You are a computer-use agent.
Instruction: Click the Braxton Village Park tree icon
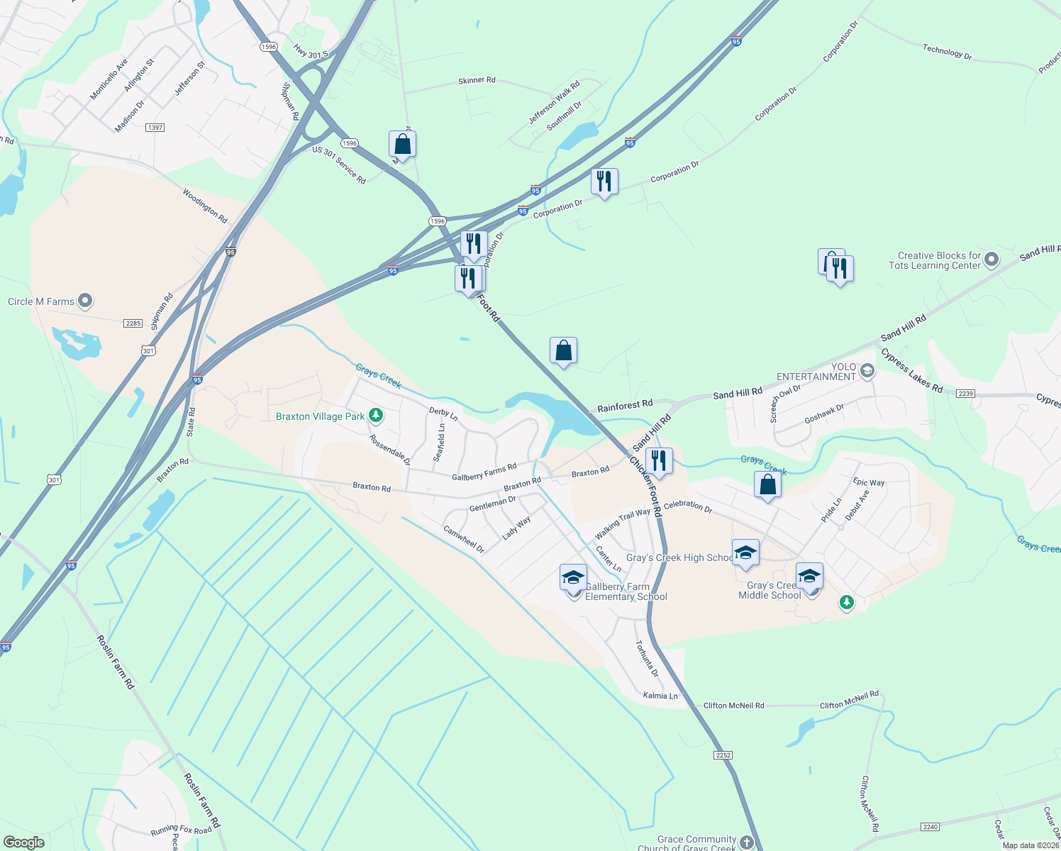(376, 416)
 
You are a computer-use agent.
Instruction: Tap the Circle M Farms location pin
(85, 301)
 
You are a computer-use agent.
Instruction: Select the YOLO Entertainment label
(816, 372)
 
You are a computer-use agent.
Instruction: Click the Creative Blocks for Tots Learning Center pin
(991, 260)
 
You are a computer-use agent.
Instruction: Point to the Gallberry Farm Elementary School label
(626, 591)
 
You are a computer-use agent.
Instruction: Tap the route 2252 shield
(723, 755)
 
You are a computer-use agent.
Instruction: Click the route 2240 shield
(931, 827)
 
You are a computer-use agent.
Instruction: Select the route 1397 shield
(155, 128)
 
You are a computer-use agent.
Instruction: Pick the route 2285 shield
(133, 323)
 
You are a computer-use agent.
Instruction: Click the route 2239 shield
(965, 394)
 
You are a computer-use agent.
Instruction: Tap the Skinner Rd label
(477, 81)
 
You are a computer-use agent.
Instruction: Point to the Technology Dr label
(947, 51)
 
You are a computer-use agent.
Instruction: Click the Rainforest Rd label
(625, 406)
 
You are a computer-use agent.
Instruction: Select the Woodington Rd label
(205, 206)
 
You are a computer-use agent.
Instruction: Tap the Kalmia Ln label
(660, 696)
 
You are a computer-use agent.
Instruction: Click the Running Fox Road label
(181, 830)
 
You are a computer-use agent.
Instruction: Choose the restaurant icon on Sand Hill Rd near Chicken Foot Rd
(660, 461)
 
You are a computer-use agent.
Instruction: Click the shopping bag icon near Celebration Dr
(767, 485)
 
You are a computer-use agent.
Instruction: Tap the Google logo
(24, 842)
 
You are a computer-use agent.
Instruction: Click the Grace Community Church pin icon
(746, 842)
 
